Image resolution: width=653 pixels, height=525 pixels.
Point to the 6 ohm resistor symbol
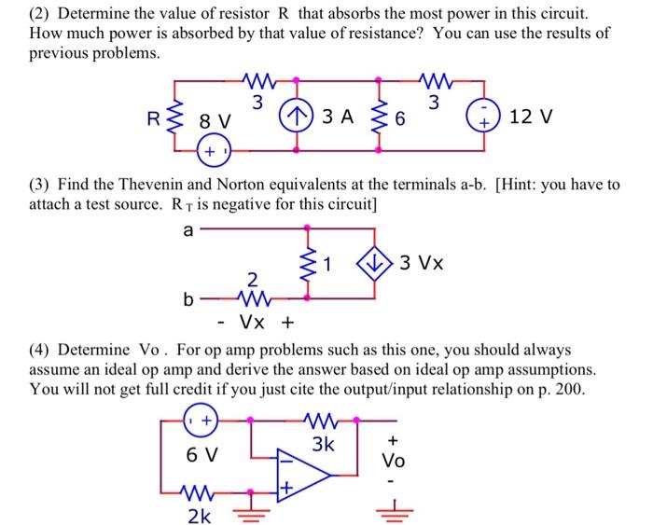click(x=379, y=117)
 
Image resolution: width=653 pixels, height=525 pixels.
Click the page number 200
click(x=570, y=389)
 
